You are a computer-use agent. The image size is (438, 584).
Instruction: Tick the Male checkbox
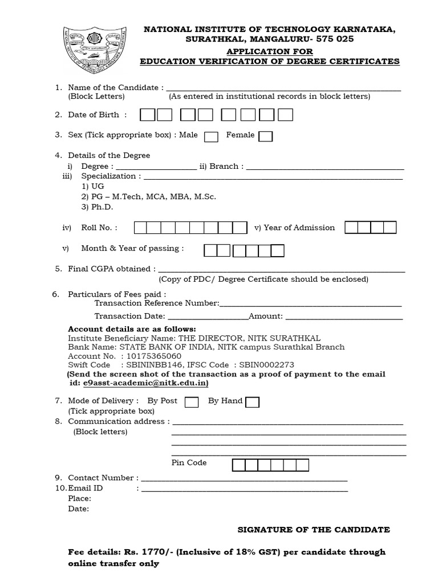click(211, 136)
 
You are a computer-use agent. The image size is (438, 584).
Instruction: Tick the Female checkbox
click(265, 136)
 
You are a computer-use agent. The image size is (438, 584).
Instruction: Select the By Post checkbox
click(192, 402)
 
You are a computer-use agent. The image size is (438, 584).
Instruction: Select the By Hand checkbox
click(252, 402)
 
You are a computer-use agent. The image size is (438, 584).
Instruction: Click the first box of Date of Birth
click(148, 115)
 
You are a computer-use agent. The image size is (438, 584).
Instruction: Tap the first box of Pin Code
click(239, 465)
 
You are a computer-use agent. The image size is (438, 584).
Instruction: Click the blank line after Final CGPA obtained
click(281, 269)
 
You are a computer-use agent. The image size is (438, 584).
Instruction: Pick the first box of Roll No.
click(140, 228)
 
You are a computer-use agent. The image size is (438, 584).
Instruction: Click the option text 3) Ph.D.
click(97, 207)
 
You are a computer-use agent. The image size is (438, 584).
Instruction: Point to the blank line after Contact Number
click(243, 478)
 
